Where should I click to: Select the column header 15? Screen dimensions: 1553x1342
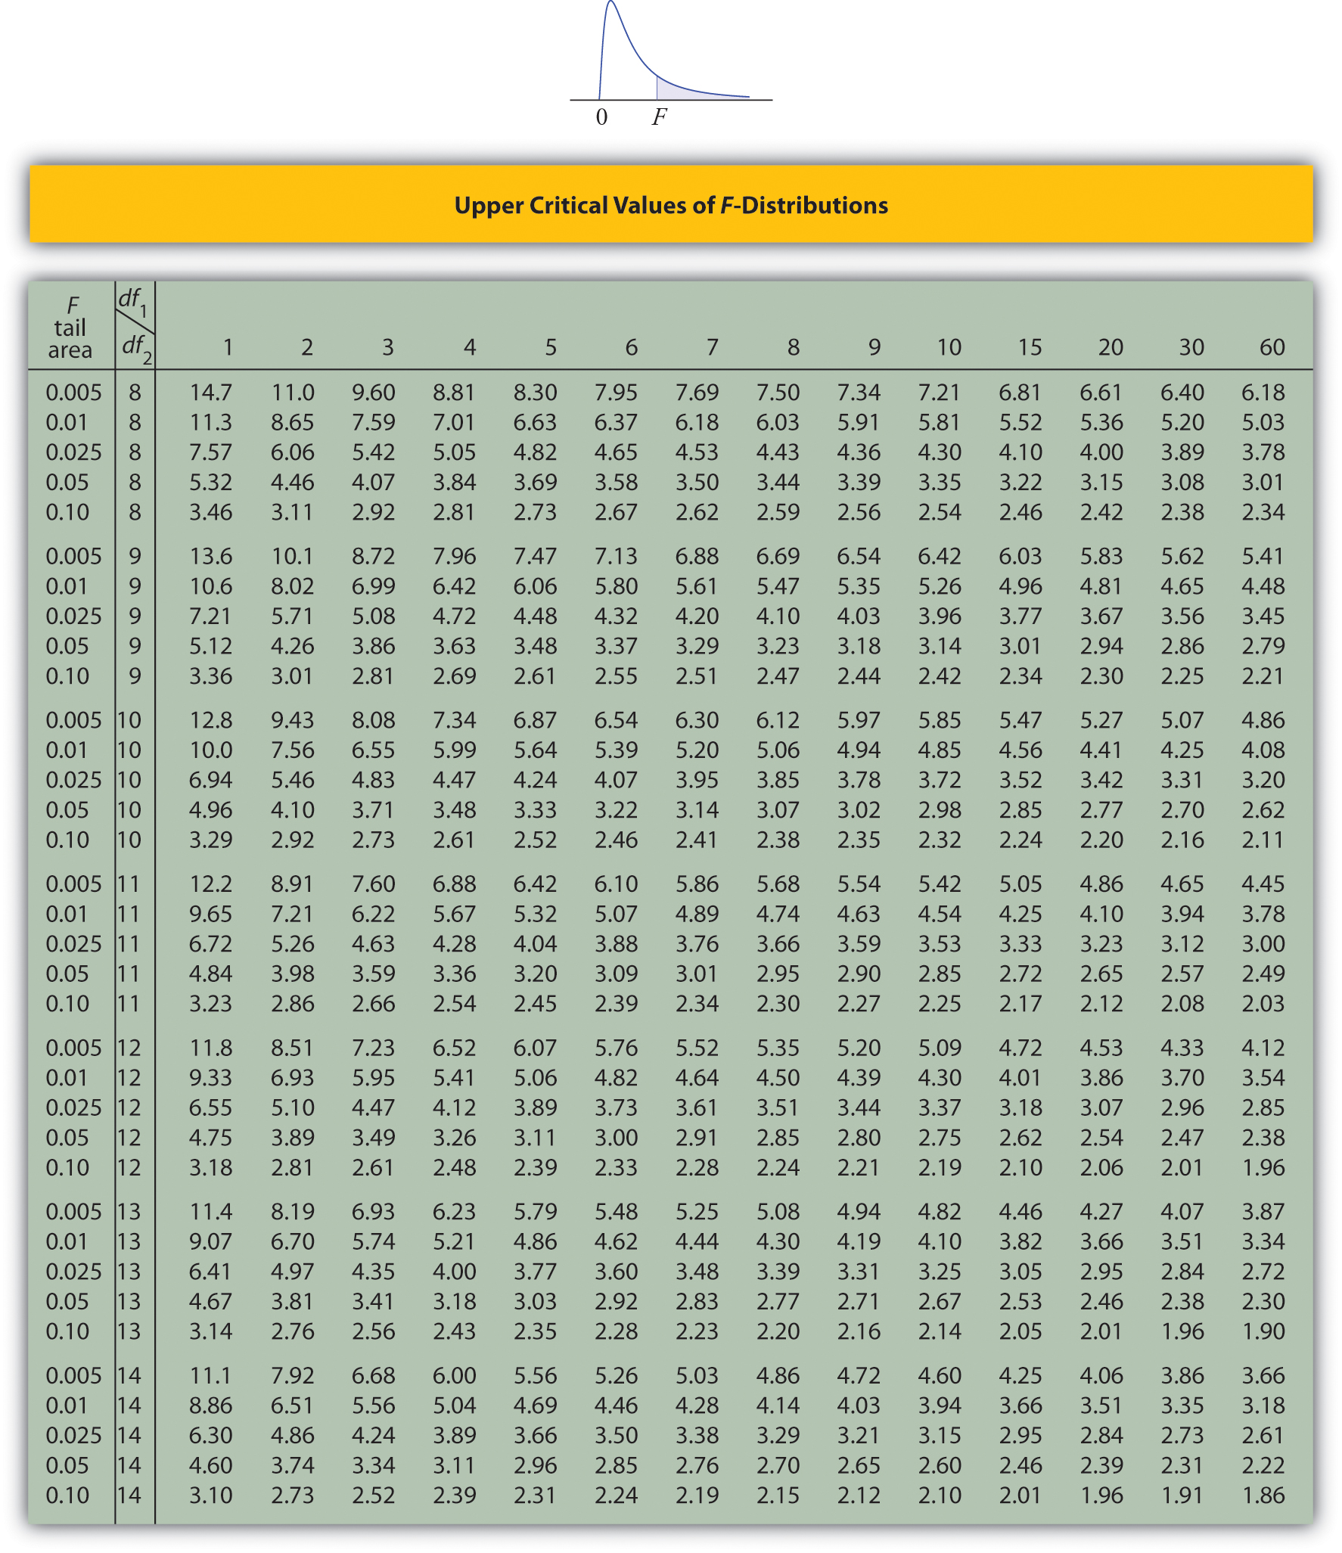[x=1029, y=347]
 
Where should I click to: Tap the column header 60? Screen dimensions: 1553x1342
[x=1272, y=347]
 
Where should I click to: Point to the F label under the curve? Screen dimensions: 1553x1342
[x=660, y=117]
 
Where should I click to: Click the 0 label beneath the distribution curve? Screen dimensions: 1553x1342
[x=601, y=117]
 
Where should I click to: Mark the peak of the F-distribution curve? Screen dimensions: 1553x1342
[x=610, y=3]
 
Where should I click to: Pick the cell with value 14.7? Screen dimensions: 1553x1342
[x=210, y=393]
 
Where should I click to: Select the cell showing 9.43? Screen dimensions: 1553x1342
[x=292, y=720]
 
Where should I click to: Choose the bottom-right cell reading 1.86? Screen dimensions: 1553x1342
[x=1263, y=1496]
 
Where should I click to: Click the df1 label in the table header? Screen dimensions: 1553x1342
[x=132, y=300]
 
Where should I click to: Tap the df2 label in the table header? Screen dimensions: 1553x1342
[x=136, y=347]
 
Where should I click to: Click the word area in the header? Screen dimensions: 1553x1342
[x=70, y=350]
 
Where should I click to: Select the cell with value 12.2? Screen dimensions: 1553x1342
[x=210, y=884]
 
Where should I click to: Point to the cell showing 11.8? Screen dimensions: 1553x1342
[x=210, y=1048]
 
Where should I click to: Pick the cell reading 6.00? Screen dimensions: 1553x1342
[x=454, y=1376]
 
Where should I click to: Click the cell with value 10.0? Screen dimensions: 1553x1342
[x=210, y=750]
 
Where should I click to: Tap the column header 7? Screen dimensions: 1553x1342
[x=712, y=347]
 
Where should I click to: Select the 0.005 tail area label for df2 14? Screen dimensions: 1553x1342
[x=73, y=1376]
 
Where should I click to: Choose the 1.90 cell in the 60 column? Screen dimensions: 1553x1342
[x=1263, y=1331]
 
